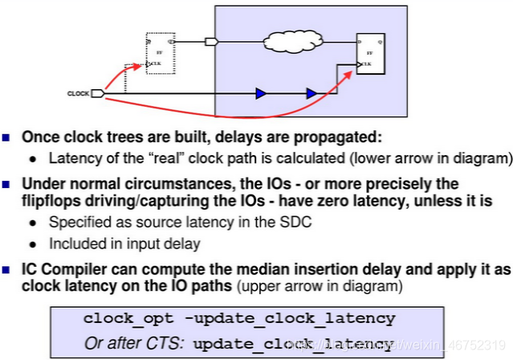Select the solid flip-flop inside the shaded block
click(371, 53)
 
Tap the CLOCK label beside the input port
click(78, 94)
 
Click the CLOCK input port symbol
click(98, 94)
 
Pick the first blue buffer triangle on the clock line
click(260, 94)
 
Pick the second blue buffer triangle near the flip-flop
click(310, 94)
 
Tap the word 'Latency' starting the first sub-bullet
click(71, 157)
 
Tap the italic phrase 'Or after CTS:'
click(134, 343)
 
